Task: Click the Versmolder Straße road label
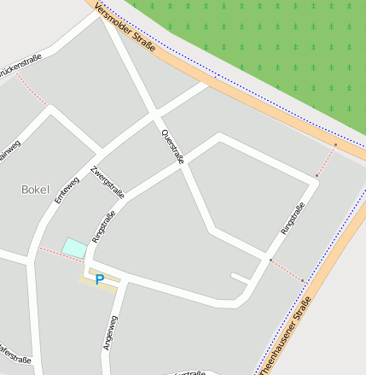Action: pyautogui.click(x=125, y=27)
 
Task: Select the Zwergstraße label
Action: pyautogui.click(x=108, y=182)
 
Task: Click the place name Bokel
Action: pyautogui.click(x=36, y=189)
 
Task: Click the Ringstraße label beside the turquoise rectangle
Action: pyautogui.click(x=103, y=228)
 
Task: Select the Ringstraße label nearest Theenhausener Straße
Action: pyautogui.click(x=293, y=220)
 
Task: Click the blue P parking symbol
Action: pyautogui.click(x=99, y=279)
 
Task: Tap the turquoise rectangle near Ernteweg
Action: pyautogui.click(x=74, y=248)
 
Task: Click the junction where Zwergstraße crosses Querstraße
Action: pyautogui.click(x=155, y=114)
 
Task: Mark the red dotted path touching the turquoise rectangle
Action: pyautogui.click(x=51, y=251)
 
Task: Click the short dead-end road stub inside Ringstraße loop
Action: pyautogui.click(x=240, y=277)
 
